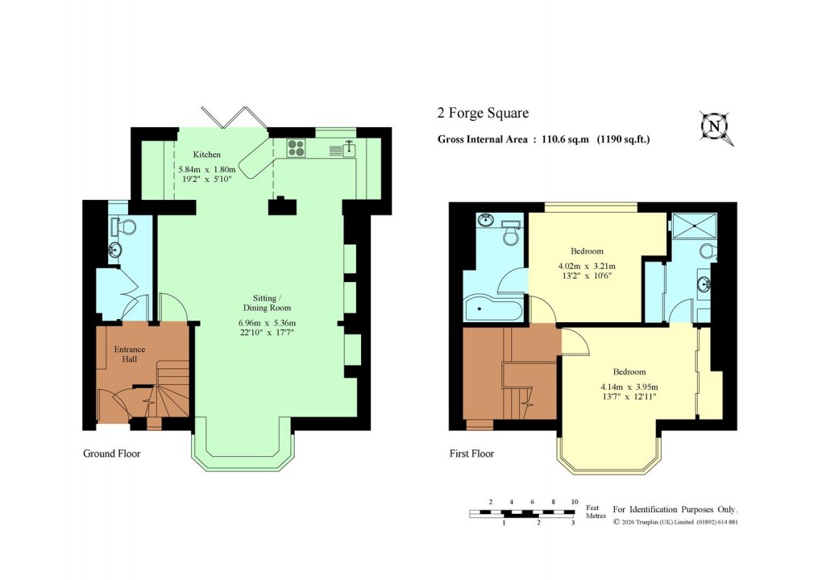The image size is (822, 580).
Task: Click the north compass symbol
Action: coord(714,127)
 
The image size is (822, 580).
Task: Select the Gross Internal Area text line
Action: coord(543,139)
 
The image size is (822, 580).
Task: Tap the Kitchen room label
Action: coord(206,155)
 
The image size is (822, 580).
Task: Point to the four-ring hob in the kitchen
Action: coord(297,148)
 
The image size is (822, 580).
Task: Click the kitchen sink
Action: coord(349,148)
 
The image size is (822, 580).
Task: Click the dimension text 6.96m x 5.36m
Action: coord(267,324)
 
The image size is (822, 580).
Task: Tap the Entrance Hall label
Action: coord(130,354)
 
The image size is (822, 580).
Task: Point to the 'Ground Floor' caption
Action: coord(112,454)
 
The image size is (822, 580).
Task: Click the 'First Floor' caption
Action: coord(471,454)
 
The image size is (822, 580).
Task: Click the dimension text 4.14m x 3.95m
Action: coord(629,387)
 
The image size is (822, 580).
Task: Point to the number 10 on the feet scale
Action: coord(574,502)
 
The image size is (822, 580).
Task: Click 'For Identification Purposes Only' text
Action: coord(675,510)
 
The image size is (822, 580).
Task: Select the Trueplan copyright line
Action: coord(675,522)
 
